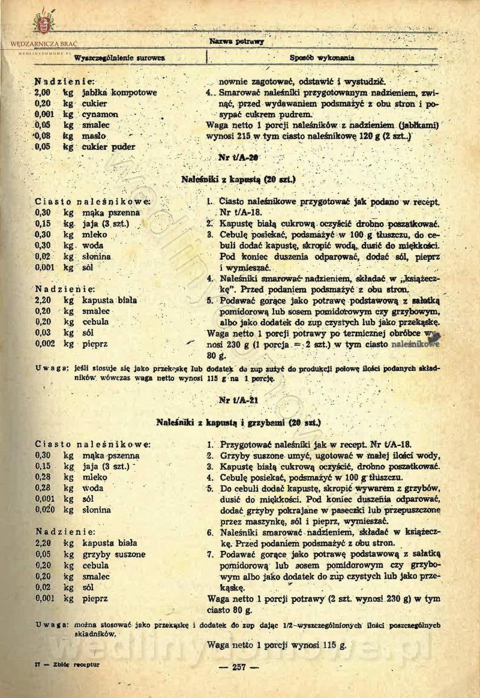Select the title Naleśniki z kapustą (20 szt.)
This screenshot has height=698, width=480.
pyautogui.click(x=239, y=179)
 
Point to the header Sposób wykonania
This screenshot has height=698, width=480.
pyautogui.click(x=322, y=58)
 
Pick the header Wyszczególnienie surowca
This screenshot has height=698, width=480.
pyautogui.click(x=119, y=58)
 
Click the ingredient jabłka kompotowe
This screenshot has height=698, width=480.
pyautogui.click(x=119, y=93)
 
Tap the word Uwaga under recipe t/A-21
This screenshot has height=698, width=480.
pyautogui.click(x=52, y=625)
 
